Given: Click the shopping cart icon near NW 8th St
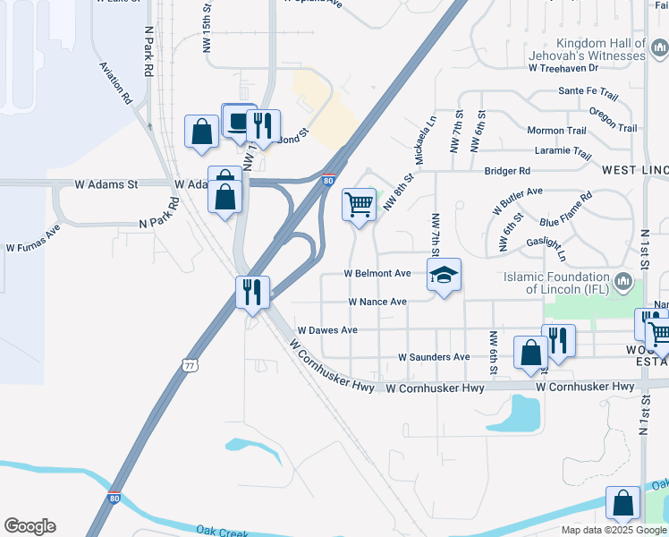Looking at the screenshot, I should pos(360,204).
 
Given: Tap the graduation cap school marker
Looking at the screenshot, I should pos(445,276).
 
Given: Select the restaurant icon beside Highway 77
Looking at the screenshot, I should pos(252,293).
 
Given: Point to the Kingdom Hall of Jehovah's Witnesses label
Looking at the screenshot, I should pos(600,49).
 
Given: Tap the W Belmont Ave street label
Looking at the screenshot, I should pos(377,273).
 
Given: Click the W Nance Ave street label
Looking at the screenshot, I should pos(377,302).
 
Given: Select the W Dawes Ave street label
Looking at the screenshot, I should pos(327,330).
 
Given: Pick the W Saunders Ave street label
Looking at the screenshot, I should pos(434,357).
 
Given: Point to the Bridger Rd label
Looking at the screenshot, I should pos(507,170).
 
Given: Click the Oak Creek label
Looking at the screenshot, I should pos(221,532).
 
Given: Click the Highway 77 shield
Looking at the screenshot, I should pos(188,364).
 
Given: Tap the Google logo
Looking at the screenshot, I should pos(30,526).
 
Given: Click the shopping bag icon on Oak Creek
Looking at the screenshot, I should pos(622,504).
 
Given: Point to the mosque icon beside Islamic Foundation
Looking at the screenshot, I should pos(623,286).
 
